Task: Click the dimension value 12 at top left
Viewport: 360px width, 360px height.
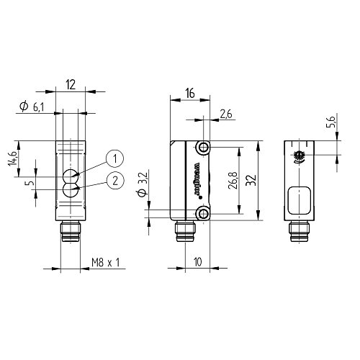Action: pos(71,84)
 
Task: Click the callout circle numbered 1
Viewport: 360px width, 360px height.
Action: pos(114,159)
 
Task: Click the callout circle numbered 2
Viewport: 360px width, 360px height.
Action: pos(114,181)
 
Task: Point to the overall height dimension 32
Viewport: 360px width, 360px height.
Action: pos(248,180)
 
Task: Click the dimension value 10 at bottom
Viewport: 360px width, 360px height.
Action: pos(195,262)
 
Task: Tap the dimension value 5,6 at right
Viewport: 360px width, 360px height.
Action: pos(330,124)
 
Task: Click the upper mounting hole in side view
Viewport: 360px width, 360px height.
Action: pos(204,148)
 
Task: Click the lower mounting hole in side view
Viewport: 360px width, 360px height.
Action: pos(204,213)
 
